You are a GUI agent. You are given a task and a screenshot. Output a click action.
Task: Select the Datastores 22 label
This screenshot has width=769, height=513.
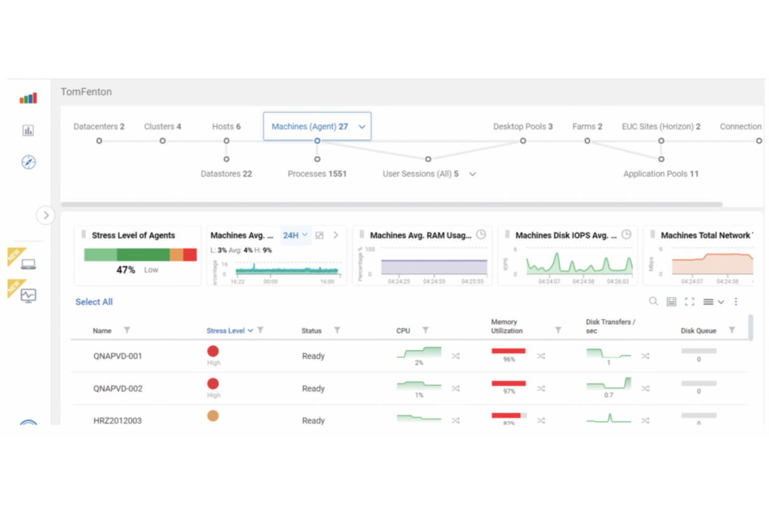226,174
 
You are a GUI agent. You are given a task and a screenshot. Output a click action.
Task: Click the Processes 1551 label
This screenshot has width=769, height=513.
317,174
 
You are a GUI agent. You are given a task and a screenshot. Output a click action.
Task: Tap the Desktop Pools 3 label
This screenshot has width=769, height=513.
523,126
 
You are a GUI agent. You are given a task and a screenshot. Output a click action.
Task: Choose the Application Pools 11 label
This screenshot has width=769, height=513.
660,174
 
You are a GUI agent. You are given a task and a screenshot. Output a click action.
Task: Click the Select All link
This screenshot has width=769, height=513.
94,302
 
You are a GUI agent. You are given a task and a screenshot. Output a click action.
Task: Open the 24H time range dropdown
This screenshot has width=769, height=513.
295,235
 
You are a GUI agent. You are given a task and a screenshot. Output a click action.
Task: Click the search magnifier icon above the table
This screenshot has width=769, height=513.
653,301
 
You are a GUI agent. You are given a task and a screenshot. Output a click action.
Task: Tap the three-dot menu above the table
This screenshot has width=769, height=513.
736,301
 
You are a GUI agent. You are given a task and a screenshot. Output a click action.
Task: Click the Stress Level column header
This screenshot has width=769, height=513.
226,331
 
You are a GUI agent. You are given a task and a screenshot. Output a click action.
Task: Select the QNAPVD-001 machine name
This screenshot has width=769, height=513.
117,356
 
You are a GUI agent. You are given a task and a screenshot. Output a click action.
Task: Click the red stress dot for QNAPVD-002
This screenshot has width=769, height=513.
213,384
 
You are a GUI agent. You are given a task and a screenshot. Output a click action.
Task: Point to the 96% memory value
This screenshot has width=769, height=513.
509,359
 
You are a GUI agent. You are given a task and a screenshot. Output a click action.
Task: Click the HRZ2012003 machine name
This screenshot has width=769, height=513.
117,420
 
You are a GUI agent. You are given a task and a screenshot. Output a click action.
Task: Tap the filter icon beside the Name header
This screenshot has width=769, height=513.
127,330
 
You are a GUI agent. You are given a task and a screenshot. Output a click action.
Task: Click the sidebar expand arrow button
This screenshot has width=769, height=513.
46,215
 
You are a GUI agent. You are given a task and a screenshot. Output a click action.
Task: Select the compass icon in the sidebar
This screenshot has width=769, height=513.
29,162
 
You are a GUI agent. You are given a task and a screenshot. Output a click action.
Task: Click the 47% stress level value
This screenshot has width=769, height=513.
126,270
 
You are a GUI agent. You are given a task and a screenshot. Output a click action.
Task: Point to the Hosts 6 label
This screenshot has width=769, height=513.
226,126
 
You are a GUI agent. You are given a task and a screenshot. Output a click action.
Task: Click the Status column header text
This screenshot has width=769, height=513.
311,331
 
